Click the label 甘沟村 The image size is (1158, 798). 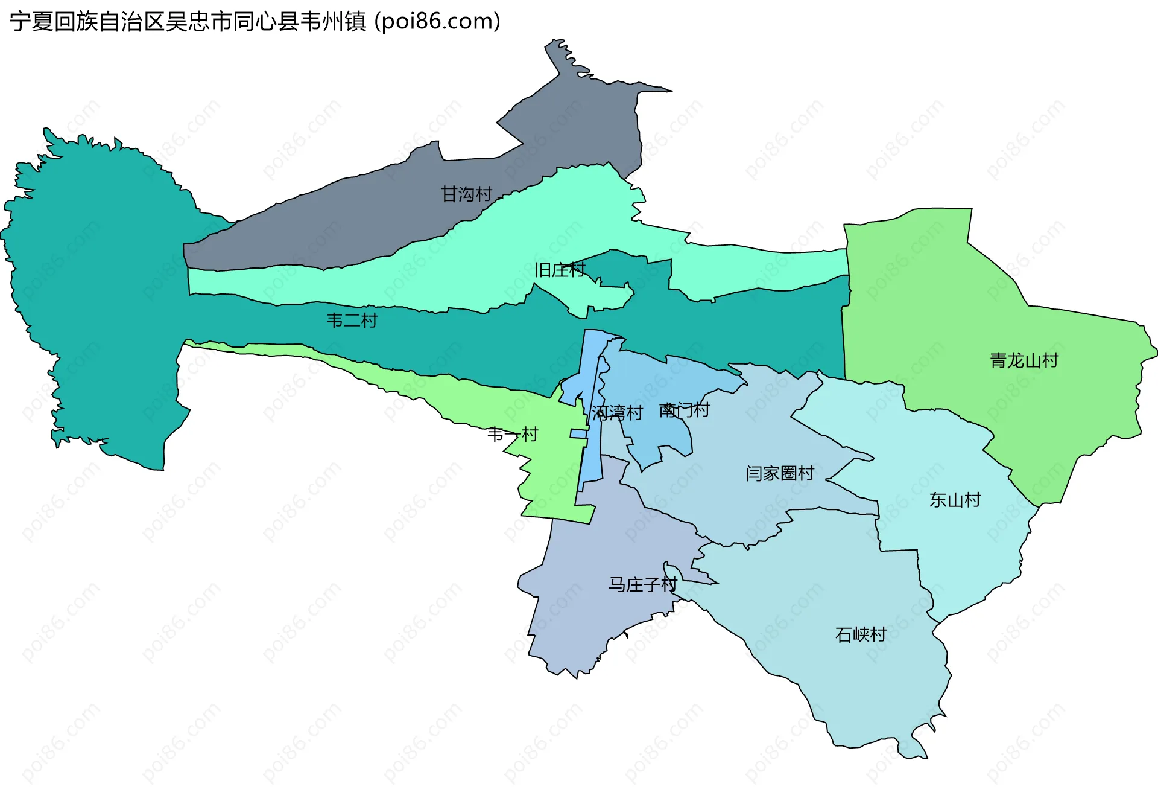click(x=466, y=194)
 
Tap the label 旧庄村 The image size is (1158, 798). click(x=560, y=270)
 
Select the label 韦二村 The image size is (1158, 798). click(x=352, y=320)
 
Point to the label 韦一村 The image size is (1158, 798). click(x=512, y=434)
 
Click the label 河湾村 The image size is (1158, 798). click(x=617, y=413)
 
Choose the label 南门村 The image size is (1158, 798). click(x=684, y=410)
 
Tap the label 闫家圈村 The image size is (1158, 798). click(x=780, y=473)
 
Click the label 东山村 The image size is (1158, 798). click(x=955, y=500)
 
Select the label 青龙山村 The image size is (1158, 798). click(x=1024, y=360)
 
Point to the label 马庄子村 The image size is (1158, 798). click(x=642, y=584)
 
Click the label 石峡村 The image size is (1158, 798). click(x=861, y=634)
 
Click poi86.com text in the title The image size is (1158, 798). click(x=437, y=21)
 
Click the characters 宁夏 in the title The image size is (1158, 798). click(x=31, y=21)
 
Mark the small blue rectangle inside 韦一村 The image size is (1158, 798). click(x=579, y=433)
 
